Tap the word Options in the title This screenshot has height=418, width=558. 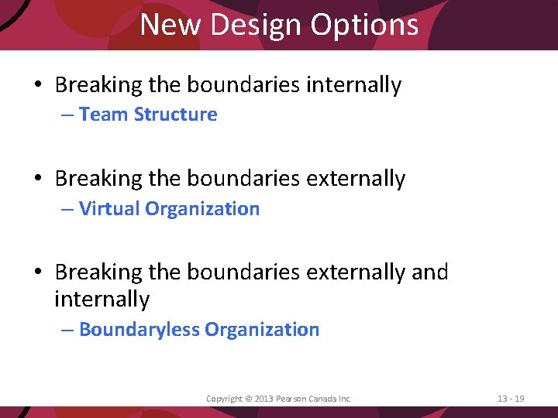[x=365, y=25]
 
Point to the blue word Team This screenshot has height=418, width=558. [x=104, y=115]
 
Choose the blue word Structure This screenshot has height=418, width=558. [x=175, y=115]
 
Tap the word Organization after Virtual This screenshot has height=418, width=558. [x=202, y=209]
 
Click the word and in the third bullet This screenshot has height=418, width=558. [x=429, y=272]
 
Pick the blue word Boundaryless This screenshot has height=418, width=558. [x=139, y=330]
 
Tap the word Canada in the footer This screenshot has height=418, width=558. [x=324, y=399]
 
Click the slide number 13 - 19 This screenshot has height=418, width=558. [x=511, y=399]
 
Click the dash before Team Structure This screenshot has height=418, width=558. [x=67, y=115]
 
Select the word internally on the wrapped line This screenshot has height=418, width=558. [x=102, y=299]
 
